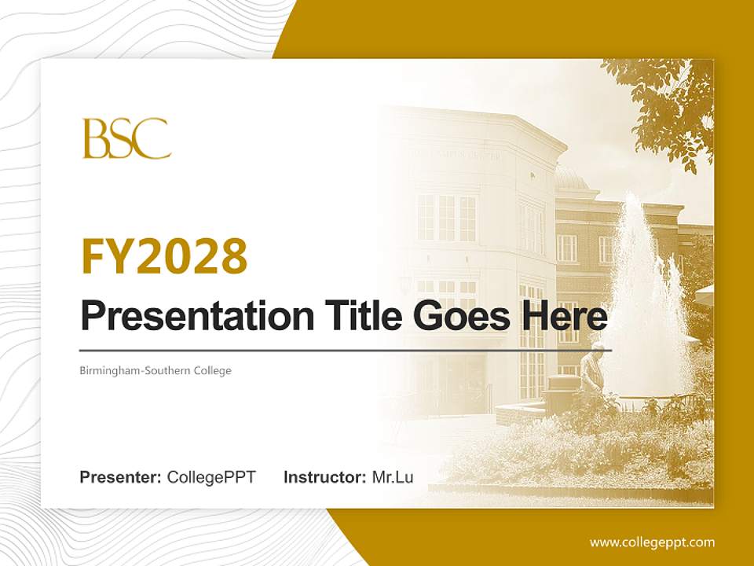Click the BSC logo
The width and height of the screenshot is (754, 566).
pyautogui.click(x=126, y=138)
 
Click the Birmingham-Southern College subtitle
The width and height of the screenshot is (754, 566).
pyautogui.click(x=156, y=370)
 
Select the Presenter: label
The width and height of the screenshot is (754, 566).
pyautogui.click(x=121, y=477)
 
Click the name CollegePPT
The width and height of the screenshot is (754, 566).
pyautogui.click(x=211, y=477)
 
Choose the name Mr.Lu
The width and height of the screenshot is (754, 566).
pyautogui.click(x=393, y=477)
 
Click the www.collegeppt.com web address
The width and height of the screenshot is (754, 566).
pyautogui.click(x=652, y=542)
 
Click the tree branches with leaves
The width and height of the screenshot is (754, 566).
pyautogui.click(x=668, y=102)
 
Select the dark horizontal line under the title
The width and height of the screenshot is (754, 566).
pyautogui.click(x=346, y=351)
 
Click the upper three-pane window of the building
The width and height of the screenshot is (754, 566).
pyautogui.click(x=446, y=218)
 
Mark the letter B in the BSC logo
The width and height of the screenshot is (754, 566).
pyautogui.click(x=96, y=138)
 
